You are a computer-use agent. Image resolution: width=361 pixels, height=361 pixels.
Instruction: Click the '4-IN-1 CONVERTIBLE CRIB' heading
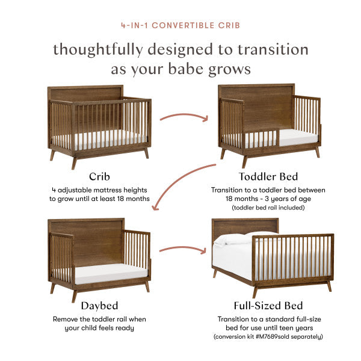180,26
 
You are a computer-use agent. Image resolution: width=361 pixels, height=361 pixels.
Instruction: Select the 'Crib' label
99,177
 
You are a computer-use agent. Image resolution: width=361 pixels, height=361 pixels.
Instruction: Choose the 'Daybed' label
99,306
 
